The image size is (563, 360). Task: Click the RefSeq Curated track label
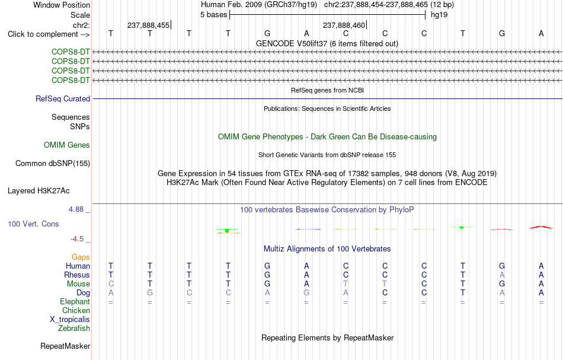(63, 99)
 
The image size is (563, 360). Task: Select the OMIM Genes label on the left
(67, 145)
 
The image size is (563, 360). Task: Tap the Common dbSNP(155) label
(53, 164)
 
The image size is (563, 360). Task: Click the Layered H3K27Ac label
(39, 191)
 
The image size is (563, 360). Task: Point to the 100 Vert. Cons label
(33, 224)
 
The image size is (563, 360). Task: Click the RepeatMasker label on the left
(65, 346)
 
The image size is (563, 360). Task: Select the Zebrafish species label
(74, 328)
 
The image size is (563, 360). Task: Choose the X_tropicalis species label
(70, 320)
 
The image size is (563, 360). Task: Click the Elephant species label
(75, 302)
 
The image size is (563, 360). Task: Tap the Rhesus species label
(77, 275)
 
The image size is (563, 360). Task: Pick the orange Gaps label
(81, 257)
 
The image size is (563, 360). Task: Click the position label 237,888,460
(344, 25)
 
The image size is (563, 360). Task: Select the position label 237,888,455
(148, 25)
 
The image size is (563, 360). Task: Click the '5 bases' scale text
(213, 15)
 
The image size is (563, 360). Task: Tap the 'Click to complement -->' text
(49, 34)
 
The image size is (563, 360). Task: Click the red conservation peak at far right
(541, 227)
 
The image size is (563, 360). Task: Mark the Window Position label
(62, 5)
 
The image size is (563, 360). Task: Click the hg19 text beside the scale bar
(439, 15)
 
